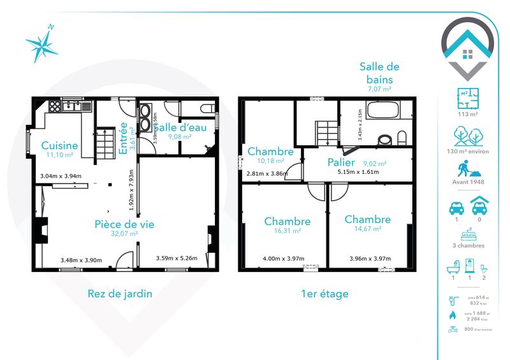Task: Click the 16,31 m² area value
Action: pos(287,231)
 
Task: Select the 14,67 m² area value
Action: pos(367,229)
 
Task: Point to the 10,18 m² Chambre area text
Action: pos(270,161)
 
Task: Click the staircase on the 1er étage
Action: pos(326,132)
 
